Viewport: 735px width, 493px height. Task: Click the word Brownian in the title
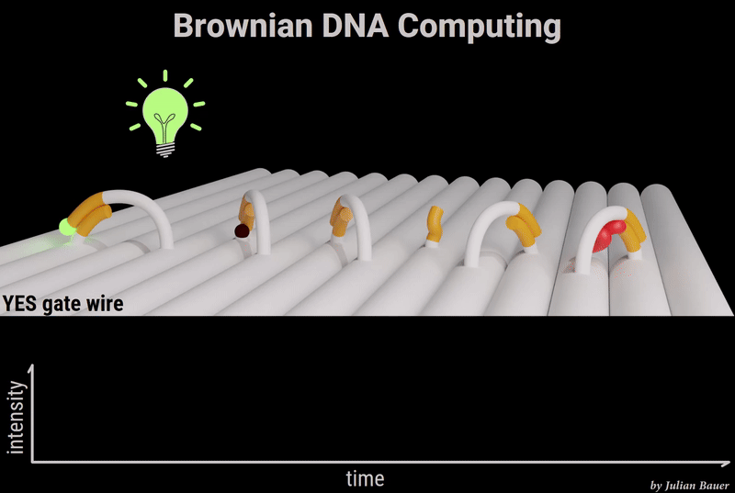pyautogui.click(x=243, y=26)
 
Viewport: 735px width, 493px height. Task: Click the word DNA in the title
pyautogui.click(x=356, y=26)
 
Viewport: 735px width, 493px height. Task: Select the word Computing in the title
pyautogui.click(x=479, y=28)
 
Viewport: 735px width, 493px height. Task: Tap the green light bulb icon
pyautogui.click(x=165, y=114)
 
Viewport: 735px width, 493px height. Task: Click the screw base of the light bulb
pyautogui.click(x=165, y=150)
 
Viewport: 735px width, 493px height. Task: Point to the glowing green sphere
pyautogui.click(x=66, y=228)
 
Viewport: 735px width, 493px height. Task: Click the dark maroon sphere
pyautogui.click(x=242, y=230)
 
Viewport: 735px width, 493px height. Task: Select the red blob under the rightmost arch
pyautogui.click(x=608, y=236)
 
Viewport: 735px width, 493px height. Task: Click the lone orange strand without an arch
pyautogui.click(x=435, y=224)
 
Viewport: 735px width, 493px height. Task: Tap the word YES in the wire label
pyautogui.click(x=19, y=304)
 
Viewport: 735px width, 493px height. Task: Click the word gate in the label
pyautogui.click(x=61, y=305)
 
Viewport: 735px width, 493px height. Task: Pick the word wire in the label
pyautogui.click(x=105, y=304)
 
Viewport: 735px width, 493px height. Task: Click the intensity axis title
pyautogui.click(x=16, y=417)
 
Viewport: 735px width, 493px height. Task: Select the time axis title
pyautogui.click(x=365, y=478)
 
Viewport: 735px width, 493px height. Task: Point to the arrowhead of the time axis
pyautogui.click(x=726, y=464)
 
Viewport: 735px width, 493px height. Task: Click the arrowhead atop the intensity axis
pyautogui.click(x=31, y=369)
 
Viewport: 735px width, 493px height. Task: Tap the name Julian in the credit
pyautogui.click(x=680, y=486)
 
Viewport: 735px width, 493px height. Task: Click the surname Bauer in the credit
pyautogui.click(x=714, y=486)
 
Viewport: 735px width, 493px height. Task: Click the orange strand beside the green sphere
pyautogui.click(x=90, y=214)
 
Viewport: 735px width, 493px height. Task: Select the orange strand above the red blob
pyautogui.click(x=633, y=230)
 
